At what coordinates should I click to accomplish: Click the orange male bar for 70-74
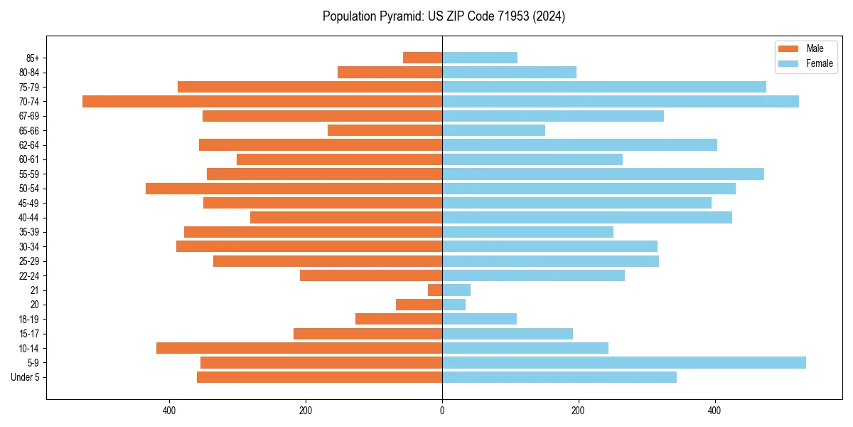[262, 101]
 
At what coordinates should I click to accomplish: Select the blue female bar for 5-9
[623, 362]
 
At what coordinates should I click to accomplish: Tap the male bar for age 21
[435, 290]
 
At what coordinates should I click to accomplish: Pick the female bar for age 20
[454, 305]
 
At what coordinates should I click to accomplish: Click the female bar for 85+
[479, 58]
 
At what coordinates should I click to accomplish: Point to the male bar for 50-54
[294, 189]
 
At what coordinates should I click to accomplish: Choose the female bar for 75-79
[603, 87]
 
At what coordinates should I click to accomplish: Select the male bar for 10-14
[299, 348]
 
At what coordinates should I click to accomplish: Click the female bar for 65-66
[493, 130]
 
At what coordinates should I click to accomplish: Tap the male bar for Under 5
[319, 377]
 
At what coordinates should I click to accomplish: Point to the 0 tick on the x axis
[442, 411]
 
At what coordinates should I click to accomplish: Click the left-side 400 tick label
[169, 411]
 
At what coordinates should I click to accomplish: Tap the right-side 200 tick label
[579, 411]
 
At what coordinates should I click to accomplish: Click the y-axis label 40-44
[28, 218]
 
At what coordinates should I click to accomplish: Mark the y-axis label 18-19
[28, 320]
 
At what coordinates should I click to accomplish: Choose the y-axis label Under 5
[25, 377]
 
